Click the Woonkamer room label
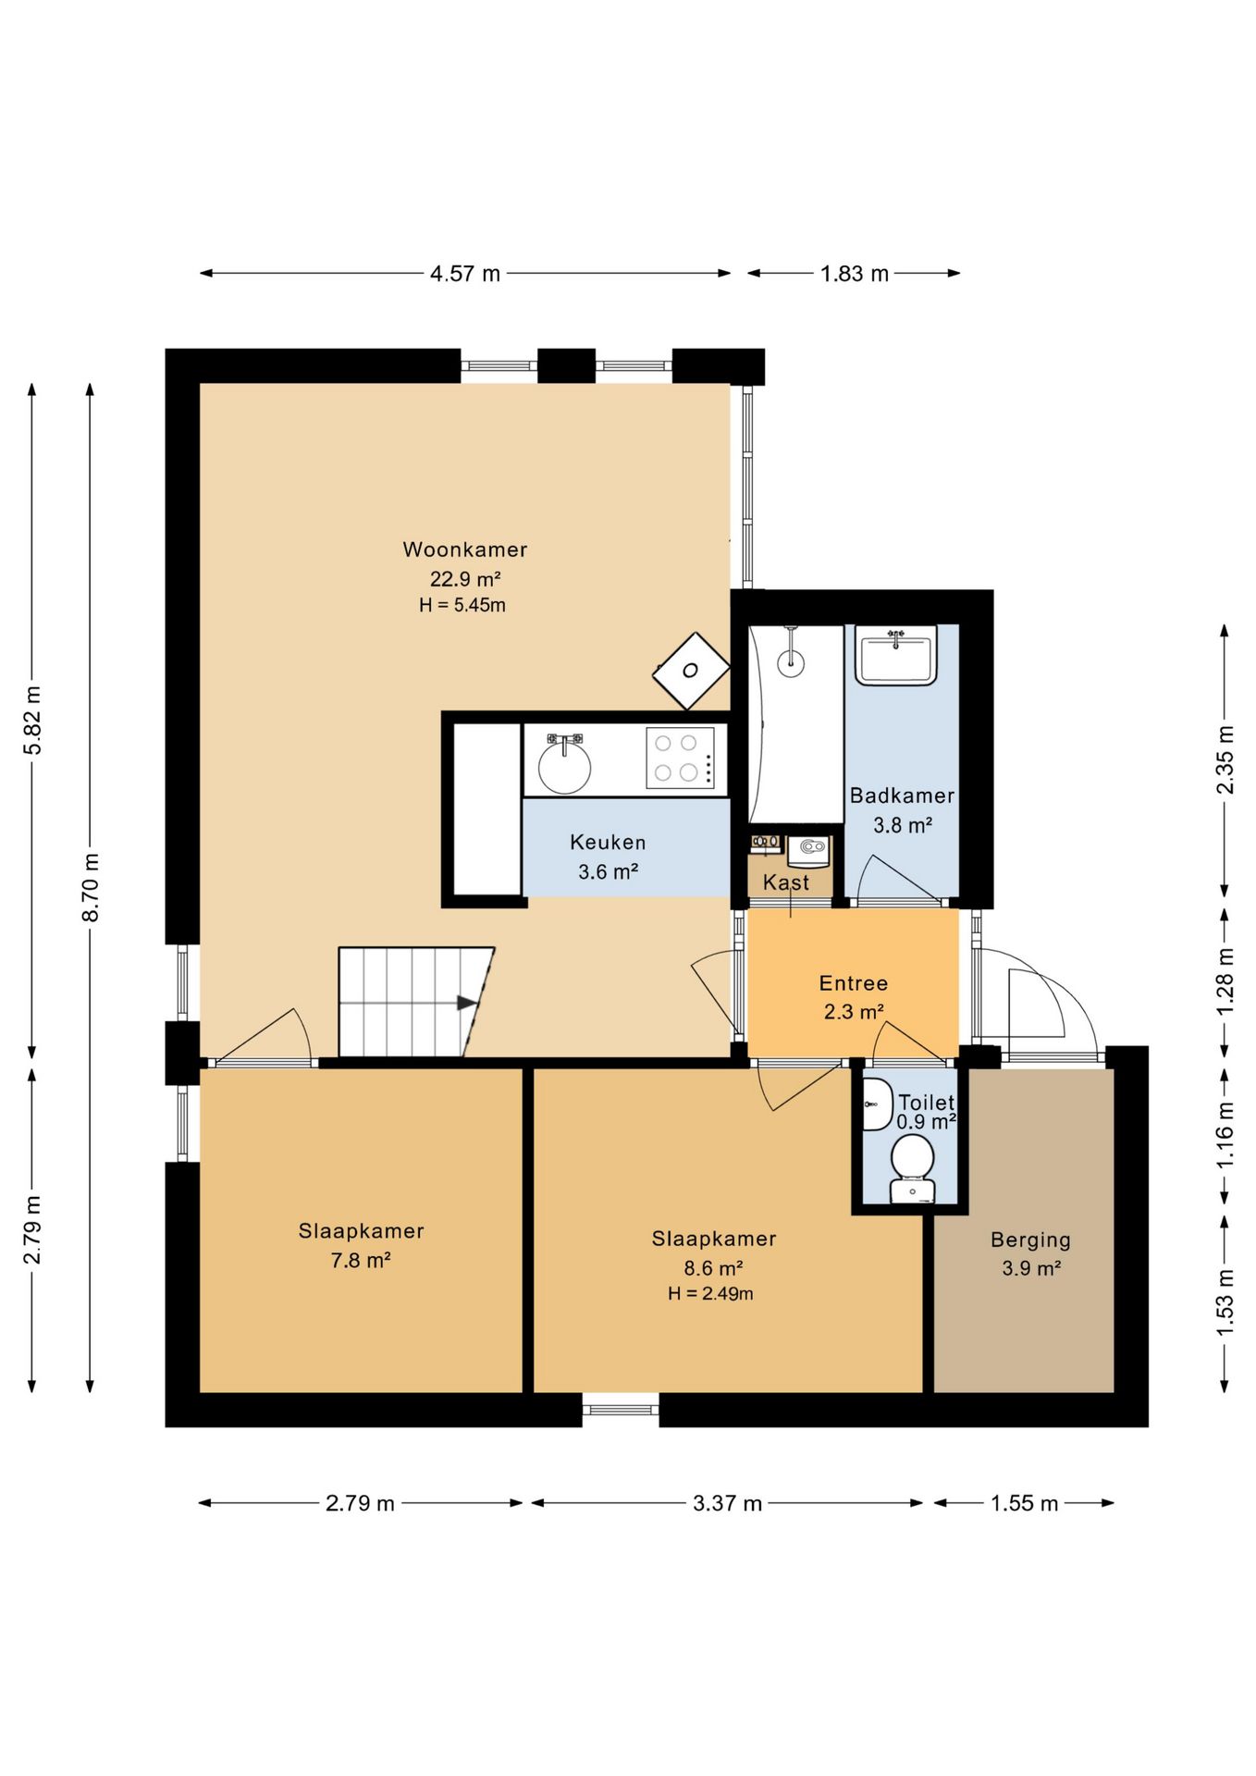[465, 549]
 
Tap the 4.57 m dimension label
[465, 274]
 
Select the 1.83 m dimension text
[855, 274]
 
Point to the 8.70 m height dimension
[91, 887]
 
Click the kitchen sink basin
[564, 767]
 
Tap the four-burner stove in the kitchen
[680, 758]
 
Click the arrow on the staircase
[467, 1003]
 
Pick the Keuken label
[608, 843]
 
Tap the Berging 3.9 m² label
[1030, 1253]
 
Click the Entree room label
[854, 983]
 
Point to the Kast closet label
[786, 882]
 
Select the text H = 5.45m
[462, 606]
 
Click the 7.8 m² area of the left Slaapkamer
[361, 1260]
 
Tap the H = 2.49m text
[710, 1294]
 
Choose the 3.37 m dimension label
[728, 1503]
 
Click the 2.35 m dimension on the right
[1225, 759]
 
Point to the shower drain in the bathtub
[791, 662]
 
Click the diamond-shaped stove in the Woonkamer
[691, 671]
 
